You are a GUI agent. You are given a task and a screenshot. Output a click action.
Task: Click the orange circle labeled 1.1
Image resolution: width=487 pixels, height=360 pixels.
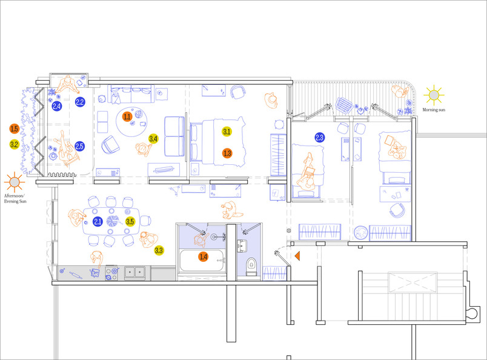coord(127,116)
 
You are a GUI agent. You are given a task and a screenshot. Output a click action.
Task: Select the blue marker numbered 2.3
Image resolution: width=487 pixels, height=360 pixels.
coord(320,138)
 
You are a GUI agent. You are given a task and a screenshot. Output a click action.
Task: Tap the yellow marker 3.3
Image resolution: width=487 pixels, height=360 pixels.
coord(159,250)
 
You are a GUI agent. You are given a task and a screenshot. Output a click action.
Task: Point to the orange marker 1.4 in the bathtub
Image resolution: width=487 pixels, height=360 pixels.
coord(203,257)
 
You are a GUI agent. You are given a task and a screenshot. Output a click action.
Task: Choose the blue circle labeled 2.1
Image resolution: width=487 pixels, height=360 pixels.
coord(98,222)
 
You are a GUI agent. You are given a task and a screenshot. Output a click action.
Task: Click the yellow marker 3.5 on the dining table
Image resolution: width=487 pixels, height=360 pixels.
coord(130,222)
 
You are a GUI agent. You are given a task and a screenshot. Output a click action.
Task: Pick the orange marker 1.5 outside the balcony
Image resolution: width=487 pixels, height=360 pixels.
coord(15,128)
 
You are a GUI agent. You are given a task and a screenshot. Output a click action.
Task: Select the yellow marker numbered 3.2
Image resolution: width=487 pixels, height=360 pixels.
coord(15,144)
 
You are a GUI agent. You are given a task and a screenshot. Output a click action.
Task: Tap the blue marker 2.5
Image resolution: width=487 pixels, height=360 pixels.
coord(79,146)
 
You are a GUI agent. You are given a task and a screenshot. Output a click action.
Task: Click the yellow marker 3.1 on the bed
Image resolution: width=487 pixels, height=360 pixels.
coord(227,132)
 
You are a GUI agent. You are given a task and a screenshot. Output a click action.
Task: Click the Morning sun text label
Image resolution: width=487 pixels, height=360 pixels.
coord(434,110)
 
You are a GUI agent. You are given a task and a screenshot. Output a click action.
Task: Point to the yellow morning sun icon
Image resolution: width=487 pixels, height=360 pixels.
coord(434,95)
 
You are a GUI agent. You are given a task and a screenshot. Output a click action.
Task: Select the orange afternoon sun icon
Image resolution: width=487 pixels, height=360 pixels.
coord(15,182)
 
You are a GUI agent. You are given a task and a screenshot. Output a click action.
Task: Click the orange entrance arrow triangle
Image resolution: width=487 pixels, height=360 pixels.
coord(297,256)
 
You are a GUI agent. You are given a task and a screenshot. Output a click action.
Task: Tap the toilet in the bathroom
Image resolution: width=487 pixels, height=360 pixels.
coord(251,267)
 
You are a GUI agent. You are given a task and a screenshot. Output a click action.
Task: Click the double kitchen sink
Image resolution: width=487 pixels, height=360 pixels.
coord(135,273)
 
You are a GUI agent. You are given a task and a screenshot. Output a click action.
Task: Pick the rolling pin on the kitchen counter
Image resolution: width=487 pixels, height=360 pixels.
coord(76,275)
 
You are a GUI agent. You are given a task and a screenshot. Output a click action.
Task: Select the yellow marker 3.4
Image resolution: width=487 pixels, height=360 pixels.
coord(153,139)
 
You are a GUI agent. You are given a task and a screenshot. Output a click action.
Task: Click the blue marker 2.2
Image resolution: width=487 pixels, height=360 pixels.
coord(80,102)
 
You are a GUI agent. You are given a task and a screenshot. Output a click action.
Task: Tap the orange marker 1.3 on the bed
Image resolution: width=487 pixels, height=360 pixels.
coord(227,153)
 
